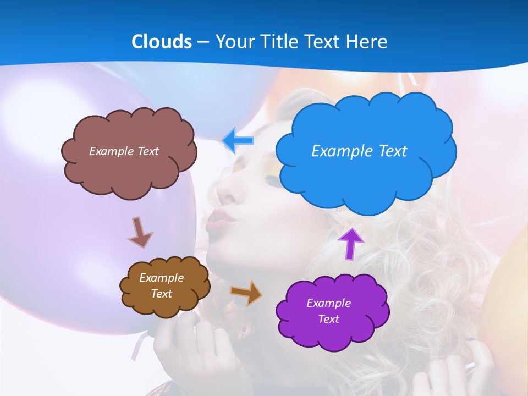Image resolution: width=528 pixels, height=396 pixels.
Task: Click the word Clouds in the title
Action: click(x=162, y=42)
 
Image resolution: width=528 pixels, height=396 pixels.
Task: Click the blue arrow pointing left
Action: click(x=239, y=141)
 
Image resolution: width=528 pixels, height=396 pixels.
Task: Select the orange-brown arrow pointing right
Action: click(x=246, y=292)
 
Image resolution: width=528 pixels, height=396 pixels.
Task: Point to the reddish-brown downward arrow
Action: click(x=140, y=232)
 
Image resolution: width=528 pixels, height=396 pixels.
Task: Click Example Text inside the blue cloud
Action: click(x=359, y=151)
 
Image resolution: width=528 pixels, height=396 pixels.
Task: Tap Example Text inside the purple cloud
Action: click(x=328, y=311)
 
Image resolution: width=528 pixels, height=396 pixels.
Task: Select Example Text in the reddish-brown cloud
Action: click(x=124, y=151)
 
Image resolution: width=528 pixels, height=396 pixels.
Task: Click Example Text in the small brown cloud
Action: click(x=161, y=285)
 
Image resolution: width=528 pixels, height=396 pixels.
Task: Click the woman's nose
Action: click(x=226, y=189)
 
